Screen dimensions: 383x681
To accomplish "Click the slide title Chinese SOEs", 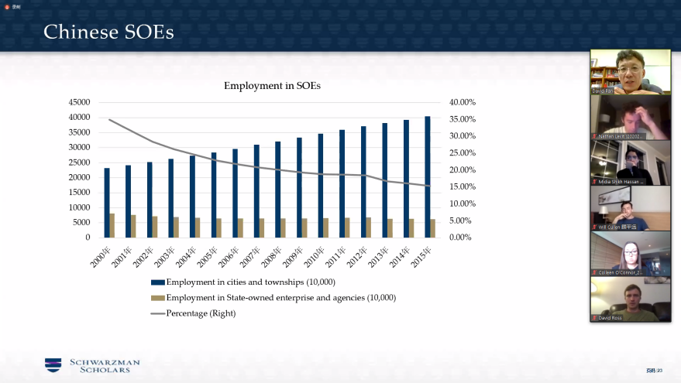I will click(x=108, y=32).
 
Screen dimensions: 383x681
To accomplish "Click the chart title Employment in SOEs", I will click(x=272, y=86).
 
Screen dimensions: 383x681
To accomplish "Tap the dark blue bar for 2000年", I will click(x=107, y=202).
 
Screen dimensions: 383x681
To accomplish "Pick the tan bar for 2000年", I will click(x=112, y=225).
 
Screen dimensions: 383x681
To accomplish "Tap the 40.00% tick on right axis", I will click(x=463, y=102).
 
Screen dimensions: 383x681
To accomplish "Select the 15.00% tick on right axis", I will click(x=463, y=186).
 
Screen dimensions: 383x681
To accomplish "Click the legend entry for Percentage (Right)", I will click(x=201, y=313).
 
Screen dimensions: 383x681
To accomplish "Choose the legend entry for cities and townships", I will click(x=250, y=282).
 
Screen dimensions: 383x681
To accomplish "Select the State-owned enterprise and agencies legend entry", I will click(x=280, y=298).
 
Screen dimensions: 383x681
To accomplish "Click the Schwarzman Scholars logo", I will click(x=92, y=365).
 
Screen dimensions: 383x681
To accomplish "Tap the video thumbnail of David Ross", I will click(x=630, y=300).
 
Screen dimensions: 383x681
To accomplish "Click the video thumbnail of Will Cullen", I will click(x=630, y=208).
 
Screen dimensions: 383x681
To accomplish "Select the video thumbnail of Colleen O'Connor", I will click(x=630, y=254).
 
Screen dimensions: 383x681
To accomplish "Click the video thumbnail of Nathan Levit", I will click(x=630, y=117).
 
